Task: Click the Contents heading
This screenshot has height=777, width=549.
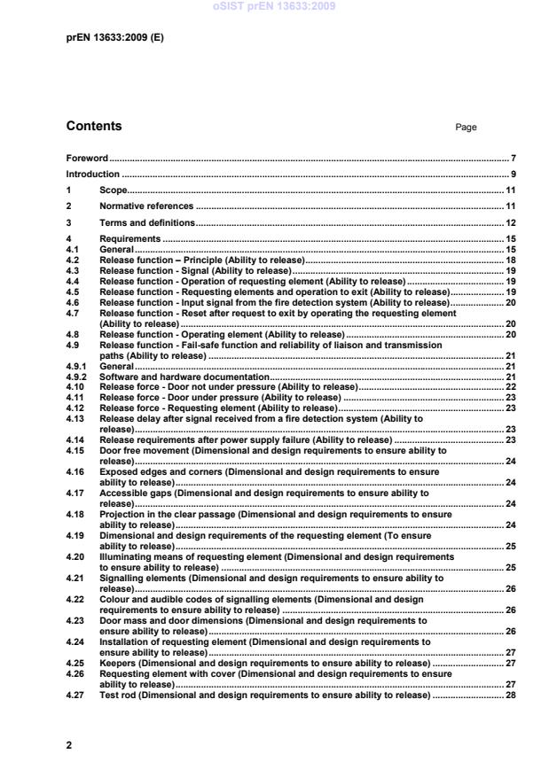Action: pos(94,126)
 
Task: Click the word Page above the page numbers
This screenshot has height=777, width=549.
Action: pos(466,128)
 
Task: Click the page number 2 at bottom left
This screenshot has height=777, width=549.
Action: pos(69,745)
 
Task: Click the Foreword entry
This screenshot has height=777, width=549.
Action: pos(87,158)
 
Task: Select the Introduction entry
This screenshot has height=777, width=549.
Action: pos(92,175)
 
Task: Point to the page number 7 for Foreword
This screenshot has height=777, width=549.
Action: pos(501,158)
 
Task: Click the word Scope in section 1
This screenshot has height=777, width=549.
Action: pos(114,190)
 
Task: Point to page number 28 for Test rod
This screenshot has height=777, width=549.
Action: pos(498,695)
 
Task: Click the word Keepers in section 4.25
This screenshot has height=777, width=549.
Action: pos(118,663)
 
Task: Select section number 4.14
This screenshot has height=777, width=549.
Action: pos(75,439)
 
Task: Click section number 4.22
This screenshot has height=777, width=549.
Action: pos(75,600)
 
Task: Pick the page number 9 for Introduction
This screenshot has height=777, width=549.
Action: pos(501,175)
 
